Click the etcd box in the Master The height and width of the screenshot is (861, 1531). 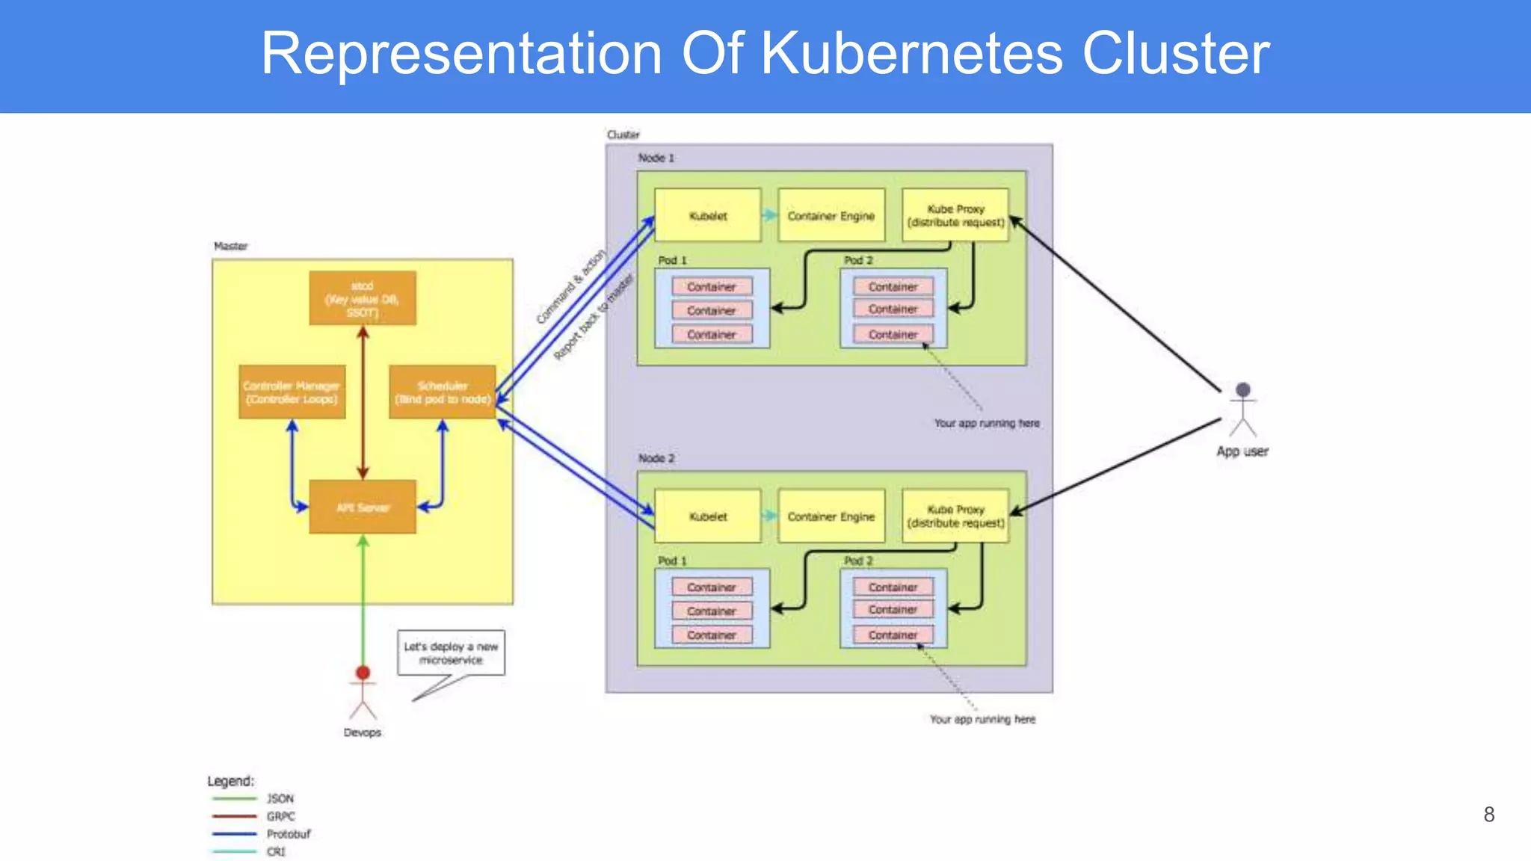363,298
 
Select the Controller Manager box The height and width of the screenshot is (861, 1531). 292,392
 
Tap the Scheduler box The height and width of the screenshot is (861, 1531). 443,392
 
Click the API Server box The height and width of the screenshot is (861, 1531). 363,507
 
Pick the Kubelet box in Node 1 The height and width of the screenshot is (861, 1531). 707,216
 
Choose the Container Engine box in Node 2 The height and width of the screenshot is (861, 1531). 831,516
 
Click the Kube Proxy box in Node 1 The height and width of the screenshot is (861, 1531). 955,216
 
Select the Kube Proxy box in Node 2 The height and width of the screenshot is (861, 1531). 955,516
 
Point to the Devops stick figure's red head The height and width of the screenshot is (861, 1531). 363,673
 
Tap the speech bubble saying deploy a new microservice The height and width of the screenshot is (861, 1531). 451,653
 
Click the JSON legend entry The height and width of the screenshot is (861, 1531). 280,798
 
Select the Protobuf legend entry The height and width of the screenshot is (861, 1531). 288,834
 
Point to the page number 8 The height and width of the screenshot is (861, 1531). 1488,815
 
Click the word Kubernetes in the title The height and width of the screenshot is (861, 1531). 911,54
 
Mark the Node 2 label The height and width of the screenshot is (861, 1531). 656,458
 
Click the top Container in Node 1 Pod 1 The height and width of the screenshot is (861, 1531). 711,287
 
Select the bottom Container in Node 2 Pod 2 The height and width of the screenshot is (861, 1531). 893,635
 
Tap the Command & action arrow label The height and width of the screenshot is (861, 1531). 571,288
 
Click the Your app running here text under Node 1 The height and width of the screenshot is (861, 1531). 986,423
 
